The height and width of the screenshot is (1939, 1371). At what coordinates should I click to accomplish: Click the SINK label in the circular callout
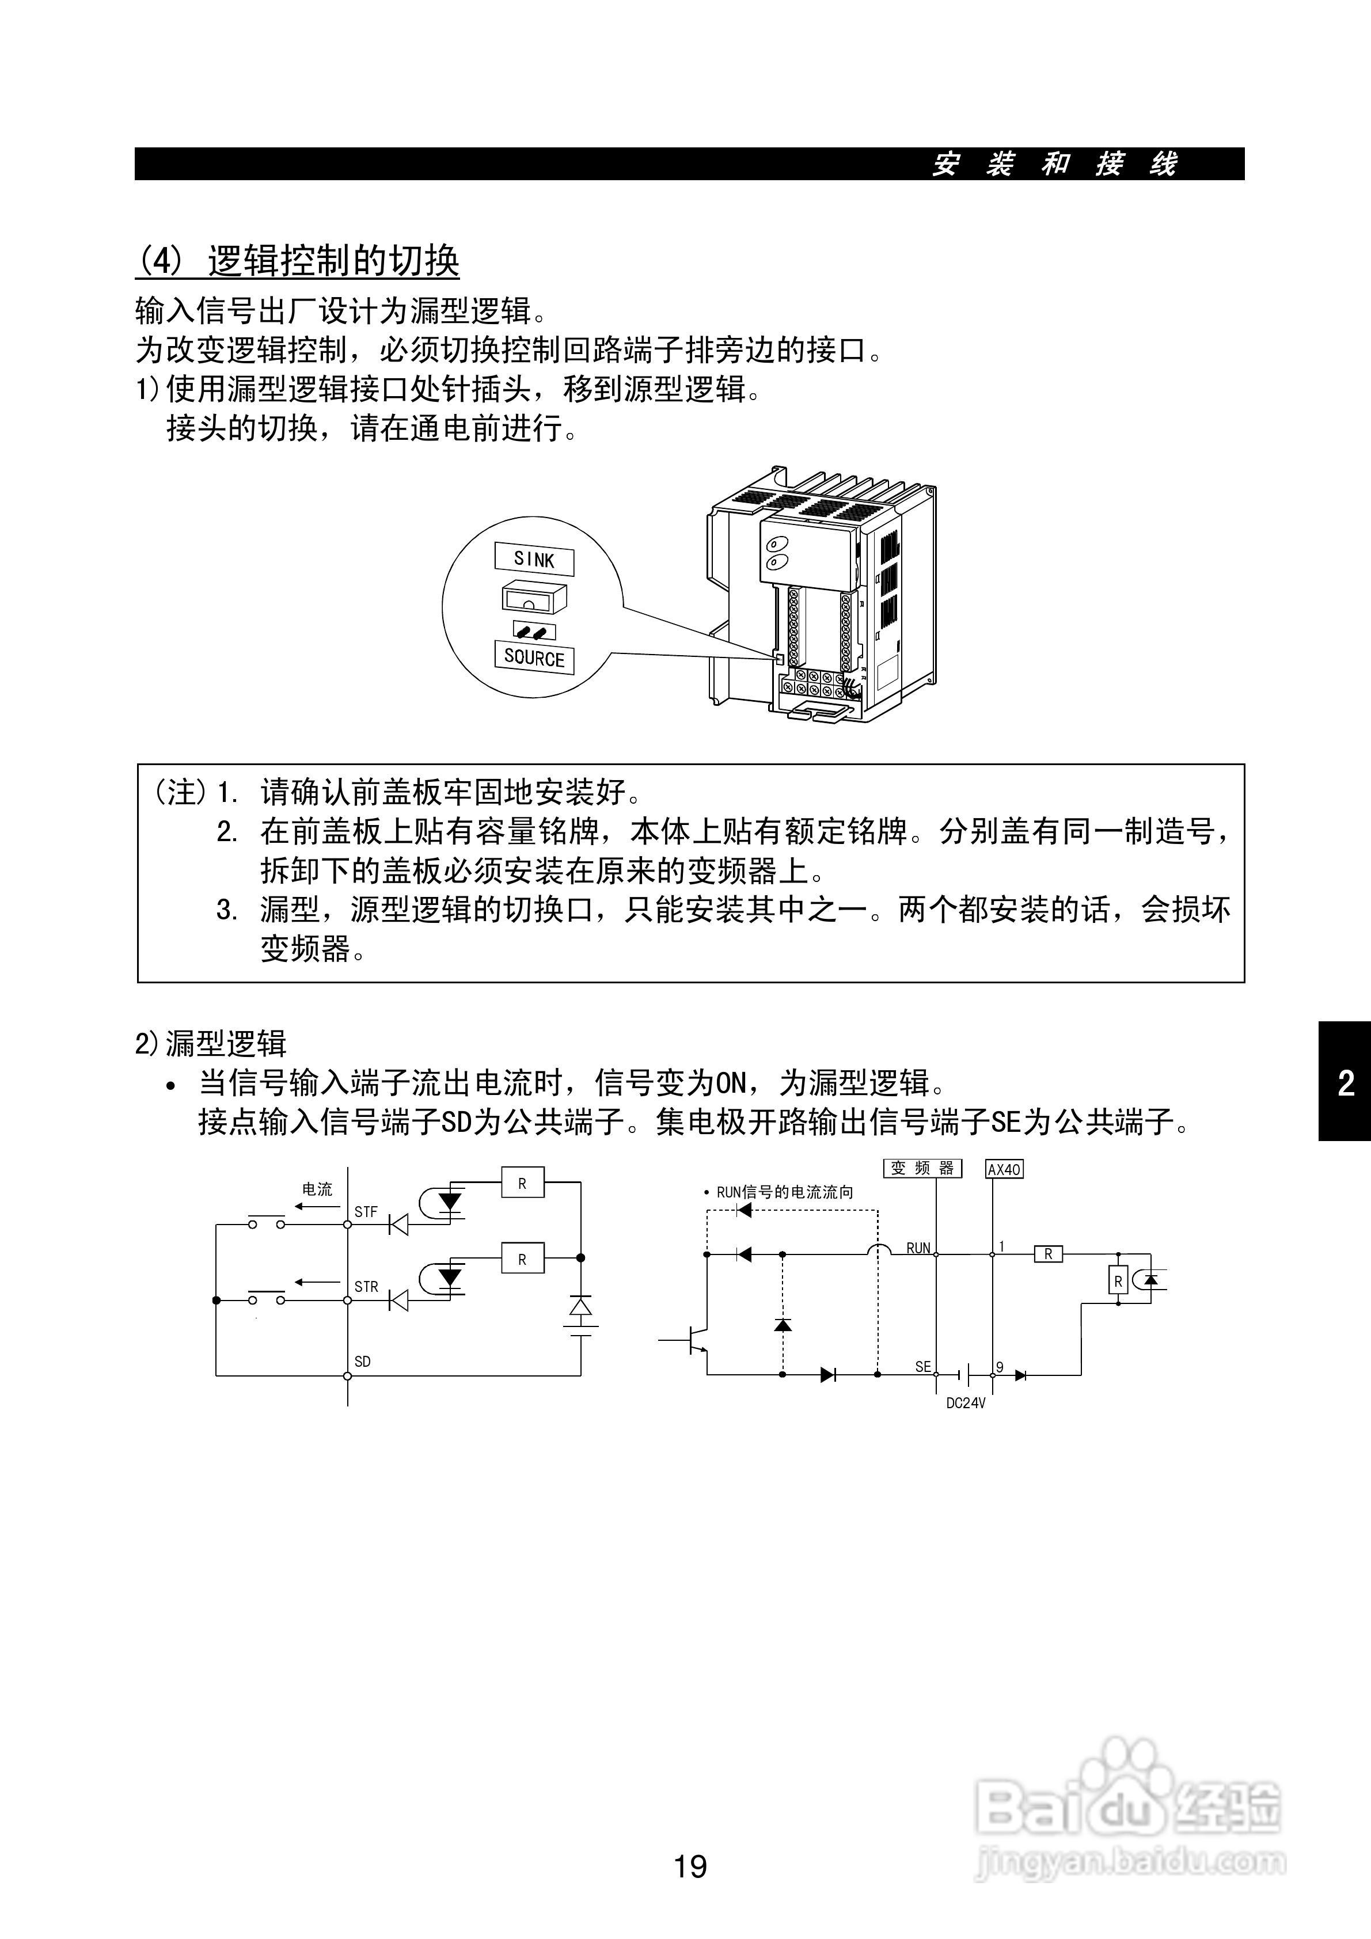pyautogui.click(x=534, y=559)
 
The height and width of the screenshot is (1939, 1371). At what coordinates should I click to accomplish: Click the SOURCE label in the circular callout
pyautogui.click(x=534, y=658)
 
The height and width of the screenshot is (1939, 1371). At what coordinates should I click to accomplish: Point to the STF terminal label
pyautogui.click(x=366, y=1212)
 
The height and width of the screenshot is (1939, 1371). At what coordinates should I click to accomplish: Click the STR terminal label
pyautogui.click(x=366, y=1286)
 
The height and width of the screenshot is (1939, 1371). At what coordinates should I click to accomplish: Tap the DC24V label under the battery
pyautogui.click(x=966, y=1403)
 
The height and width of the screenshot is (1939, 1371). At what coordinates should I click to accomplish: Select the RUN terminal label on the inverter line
pyautogui.click(x=918, y=1248)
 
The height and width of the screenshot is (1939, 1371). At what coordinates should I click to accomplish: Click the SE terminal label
pyautogui.click(x=922, y=1366)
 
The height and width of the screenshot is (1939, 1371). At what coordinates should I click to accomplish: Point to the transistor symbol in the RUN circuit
pyautogui.click(x=694, y=1340)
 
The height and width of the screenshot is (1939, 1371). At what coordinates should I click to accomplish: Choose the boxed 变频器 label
pyautogui.click(x=922, y=1168)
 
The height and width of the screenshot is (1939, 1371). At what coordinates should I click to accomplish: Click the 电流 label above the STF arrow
pyautogui.click(x=318, y=1189)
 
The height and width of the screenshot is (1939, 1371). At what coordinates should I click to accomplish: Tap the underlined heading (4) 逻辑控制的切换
pyautogui.click(x=297, y=261)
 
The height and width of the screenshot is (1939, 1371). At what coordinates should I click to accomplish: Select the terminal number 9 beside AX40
pyautogui.click(x=1000, y=1366)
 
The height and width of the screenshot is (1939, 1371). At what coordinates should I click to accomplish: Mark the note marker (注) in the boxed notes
pyautogui.click(x=180, y=792)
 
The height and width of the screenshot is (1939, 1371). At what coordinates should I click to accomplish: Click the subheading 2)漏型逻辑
pyautogui.click(x=211, y=1043)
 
